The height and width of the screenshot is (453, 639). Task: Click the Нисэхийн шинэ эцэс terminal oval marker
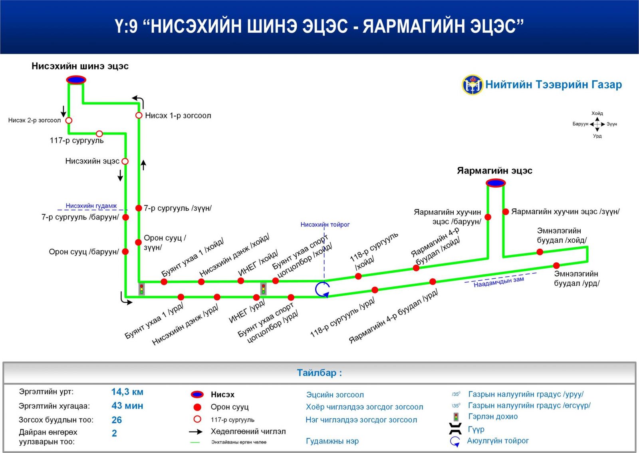[x=76, y=80]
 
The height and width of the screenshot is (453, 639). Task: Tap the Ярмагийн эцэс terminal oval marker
[x=496, y=183]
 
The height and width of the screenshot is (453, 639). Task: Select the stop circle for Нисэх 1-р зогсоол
[x=139, y=116]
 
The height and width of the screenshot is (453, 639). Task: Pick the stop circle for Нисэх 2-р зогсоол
[x=69, y=120]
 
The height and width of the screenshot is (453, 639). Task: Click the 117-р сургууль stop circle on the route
[x=99, y=134]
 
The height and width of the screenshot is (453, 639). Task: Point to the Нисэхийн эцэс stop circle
[x=125, y=162]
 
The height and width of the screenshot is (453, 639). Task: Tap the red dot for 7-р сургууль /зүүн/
[x=139, y=208]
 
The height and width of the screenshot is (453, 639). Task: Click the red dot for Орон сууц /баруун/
[x=125, y=251]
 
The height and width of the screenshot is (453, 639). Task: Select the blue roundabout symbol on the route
[x=322, y=289]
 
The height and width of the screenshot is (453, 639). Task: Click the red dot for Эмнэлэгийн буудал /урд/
[x=556, y=265]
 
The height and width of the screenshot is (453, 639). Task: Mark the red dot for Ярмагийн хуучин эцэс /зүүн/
[x=506, y=212]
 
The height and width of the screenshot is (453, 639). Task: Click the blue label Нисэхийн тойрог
[x=325, y=225]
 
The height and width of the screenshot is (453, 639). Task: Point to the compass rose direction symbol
[x=597, y=124]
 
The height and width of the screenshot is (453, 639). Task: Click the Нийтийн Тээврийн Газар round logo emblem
[x=472, y=84]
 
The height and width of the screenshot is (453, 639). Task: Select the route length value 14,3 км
[x=127, y=392]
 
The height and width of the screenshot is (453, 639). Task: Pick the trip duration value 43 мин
[x=127, y=406]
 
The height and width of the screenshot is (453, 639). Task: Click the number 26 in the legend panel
[x=117, y=420]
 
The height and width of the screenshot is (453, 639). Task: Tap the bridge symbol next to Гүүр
[x=455, y=429]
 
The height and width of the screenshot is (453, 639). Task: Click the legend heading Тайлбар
[x=319, y=373]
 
